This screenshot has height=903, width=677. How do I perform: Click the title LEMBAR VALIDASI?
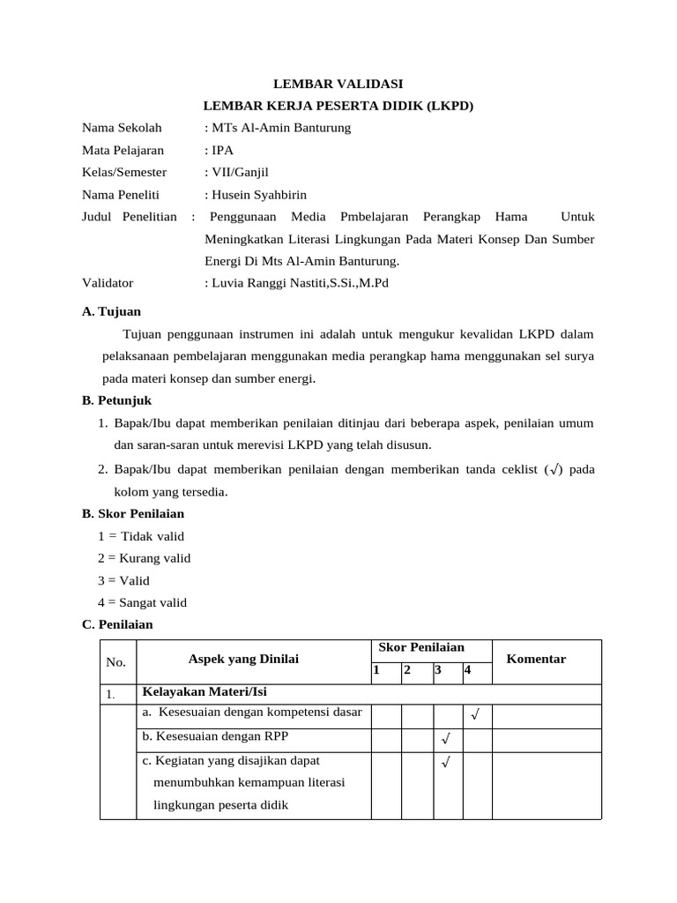pos(338,84)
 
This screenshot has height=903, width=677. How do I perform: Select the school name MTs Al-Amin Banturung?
pos(280,128)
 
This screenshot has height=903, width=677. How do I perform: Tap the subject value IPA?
pos(221,150)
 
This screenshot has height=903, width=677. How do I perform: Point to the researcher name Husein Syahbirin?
pos(258,195)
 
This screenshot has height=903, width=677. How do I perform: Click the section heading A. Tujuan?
pos(111,311)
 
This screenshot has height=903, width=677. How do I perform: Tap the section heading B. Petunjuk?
pos(115,400)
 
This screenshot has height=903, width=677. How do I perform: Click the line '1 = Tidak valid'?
pos(141,535)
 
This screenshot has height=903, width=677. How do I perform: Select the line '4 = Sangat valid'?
pos(143,602)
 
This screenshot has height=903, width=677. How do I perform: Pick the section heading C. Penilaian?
pos(117,624)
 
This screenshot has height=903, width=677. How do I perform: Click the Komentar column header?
pos(536,660)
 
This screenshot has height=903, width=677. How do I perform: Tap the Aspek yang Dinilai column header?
pos(243,660)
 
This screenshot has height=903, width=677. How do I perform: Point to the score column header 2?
pos(406,670)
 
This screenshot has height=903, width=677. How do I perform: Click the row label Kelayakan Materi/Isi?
pos(197,692)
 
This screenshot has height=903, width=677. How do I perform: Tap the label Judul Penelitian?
pos(130,217)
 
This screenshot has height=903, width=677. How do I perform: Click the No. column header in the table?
pos(116,662)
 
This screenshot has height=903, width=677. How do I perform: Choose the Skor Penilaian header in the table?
pos(420,648)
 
